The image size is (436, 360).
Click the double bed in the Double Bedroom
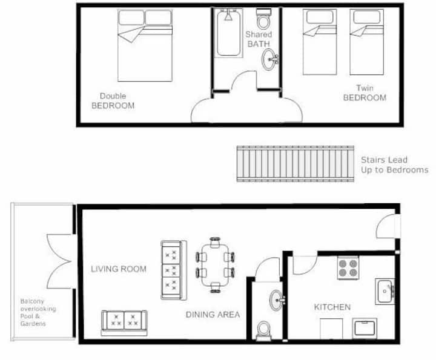point(145,45)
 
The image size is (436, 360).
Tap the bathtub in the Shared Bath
point(228,33)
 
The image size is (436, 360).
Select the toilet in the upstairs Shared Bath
point(263,19)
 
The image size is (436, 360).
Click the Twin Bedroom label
point(365,93)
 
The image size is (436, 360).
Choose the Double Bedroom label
point(113,101)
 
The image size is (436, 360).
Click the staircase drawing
point(296,164)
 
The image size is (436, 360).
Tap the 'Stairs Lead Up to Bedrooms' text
point(395,165)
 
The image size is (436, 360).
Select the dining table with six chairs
point(215,265)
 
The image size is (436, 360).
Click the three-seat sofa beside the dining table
point(174,270)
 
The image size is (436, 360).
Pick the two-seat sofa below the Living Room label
point(124,323)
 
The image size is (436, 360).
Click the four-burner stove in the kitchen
point(348,268)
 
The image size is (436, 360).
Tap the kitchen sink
point(385,292)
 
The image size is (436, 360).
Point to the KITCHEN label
point(332,307)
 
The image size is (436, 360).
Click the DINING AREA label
point(213,315)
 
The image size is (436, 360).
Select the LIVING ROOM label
point(119,269)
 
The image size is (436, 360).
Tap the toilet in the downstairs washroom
point(263,331)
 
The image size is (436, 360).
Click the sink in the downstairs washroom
point(277,300)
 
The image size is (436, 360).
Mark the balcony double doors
point(59,261)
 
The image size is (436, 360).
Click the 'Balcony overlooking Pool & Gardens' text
point(38,312)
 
